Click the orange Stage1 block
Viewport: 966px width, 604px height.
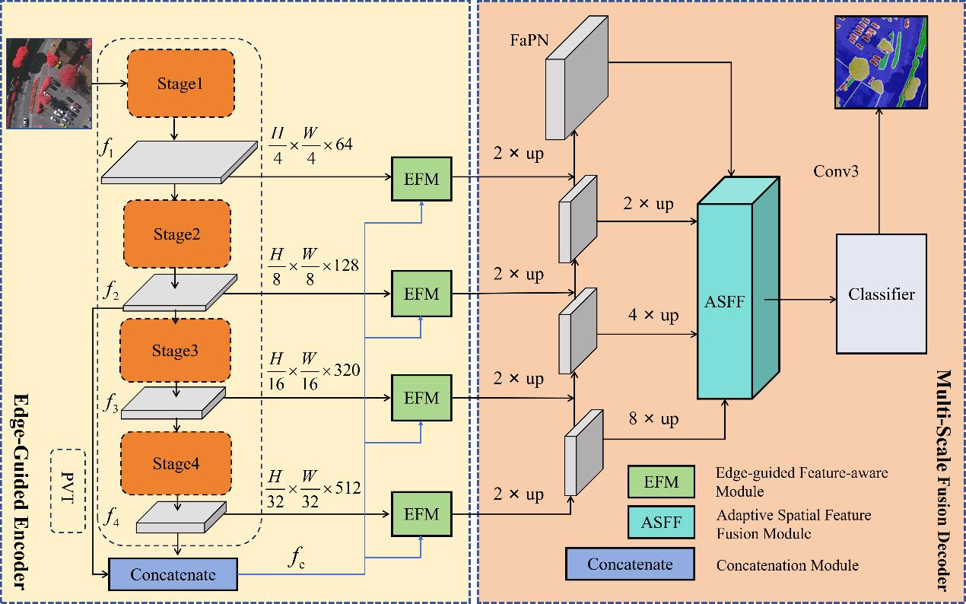pos(180,84)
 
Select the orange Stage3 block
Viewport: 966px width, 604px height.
pos(176,351)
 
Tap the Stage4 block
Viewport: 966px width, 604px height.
pos(176,464)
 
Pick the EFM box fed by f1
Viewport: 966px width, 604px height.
pos(421,180)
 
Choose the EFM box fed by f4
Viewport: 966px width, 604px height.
pos(421,514)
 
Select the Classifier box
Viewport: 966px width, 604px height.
pos(882,294)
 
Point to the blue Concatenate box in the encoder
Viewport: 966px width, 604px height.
pos(173,574)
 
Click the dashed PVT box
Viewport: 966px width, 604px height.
pos(68,491)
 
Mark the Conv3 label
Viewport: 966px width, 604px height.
pos(836,171)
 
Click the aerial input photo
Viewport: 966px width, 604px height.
pos(49,84)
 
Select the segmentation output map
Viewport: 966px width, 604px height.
pos(882,62)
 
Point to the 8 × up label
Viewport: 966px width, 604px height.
pos(653,419)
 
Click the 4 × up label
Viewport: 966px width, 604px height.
pos(653,314)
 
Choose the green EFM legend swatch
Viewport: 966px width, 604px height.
pos(660,482)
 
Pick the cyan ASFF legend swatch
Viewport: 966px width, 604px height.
pos(660,523)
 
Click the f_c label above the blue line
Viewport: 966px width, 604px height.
pos(297,558)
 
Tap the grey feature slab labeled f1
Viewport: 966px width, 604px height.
pos(180,163)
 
